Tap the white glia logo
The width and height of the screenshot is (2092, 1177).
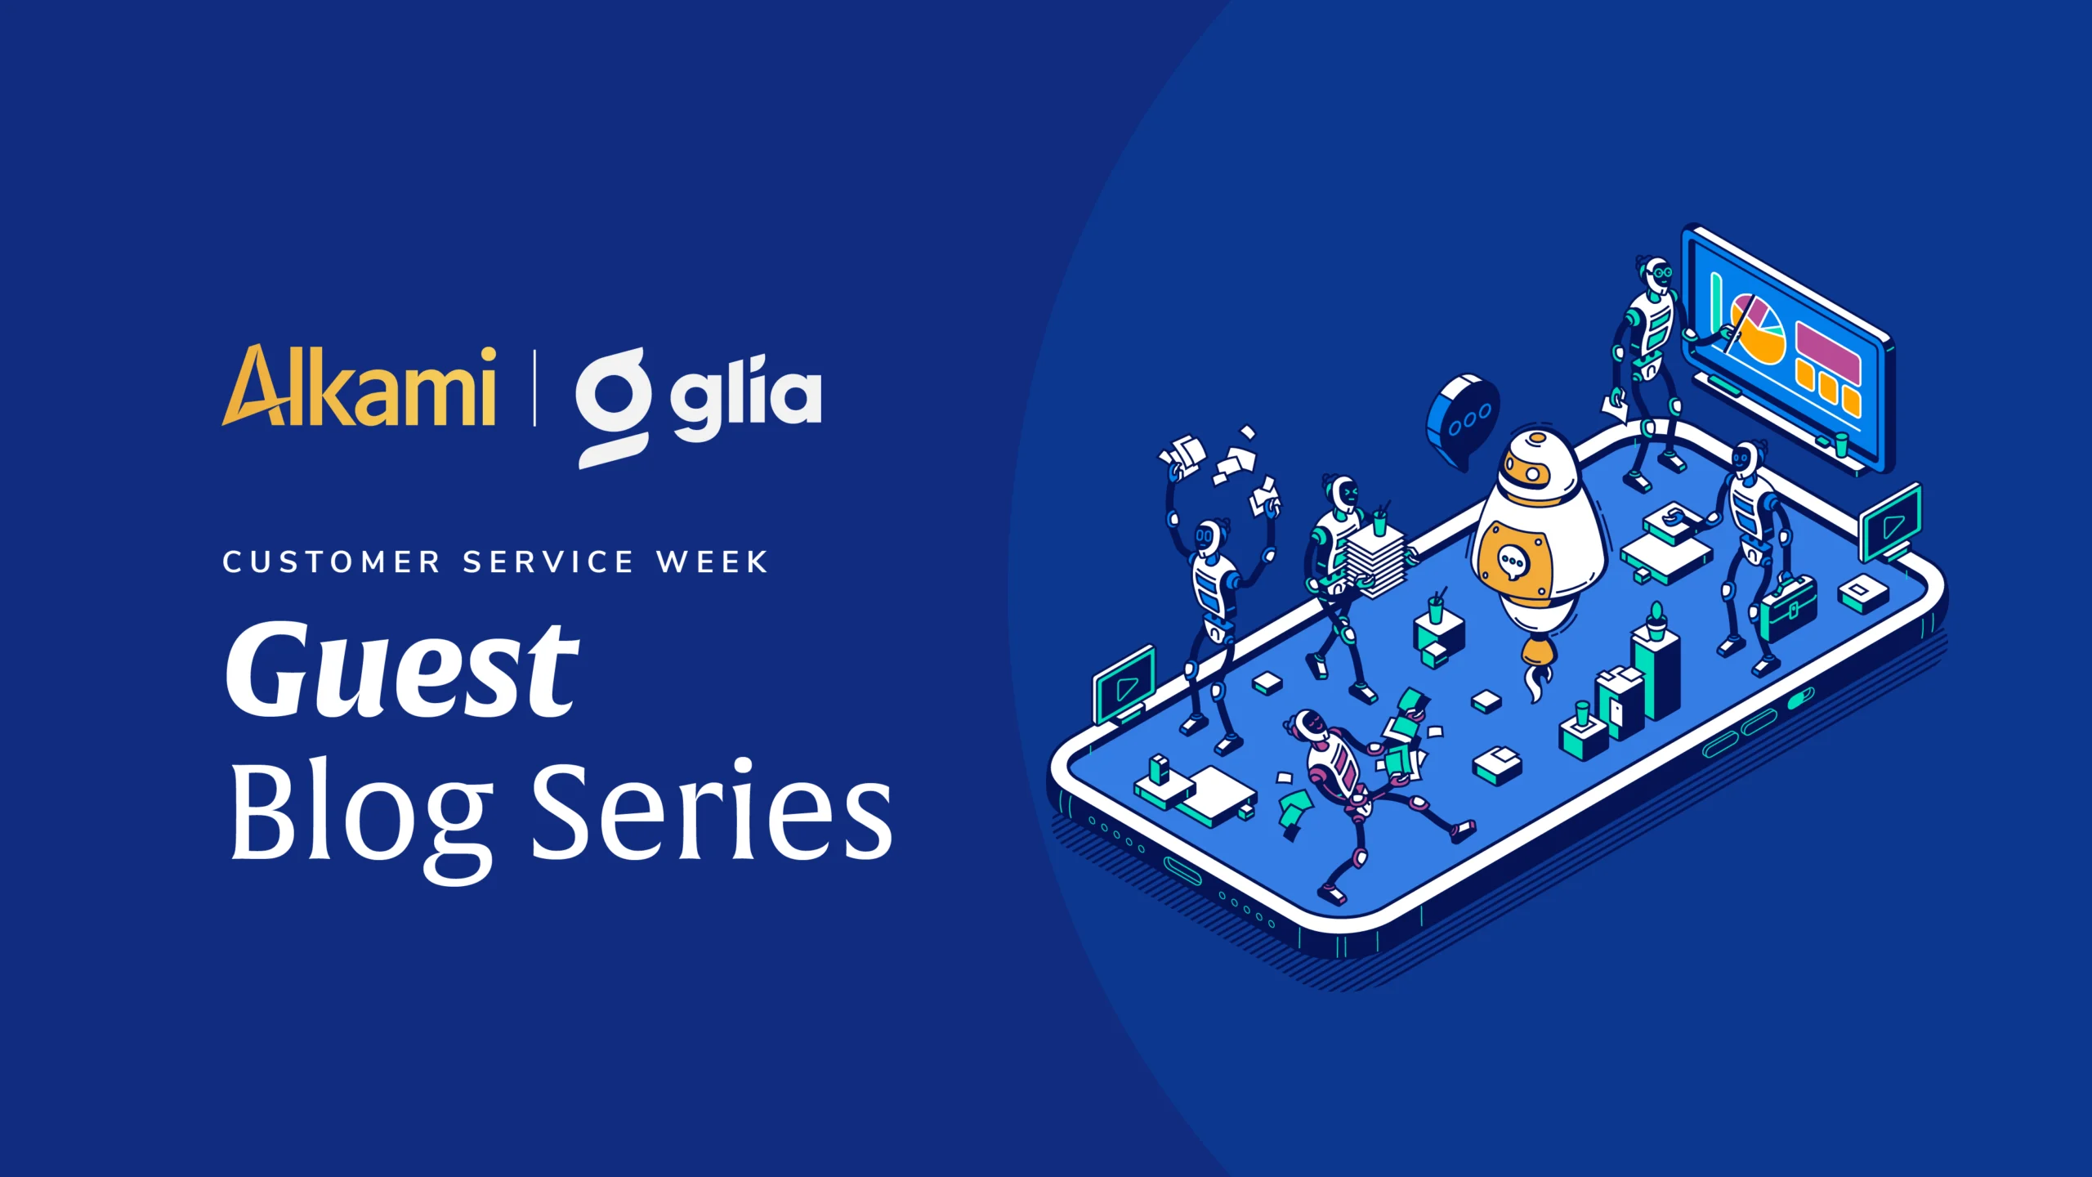pyautogui.click(x=699, y=407)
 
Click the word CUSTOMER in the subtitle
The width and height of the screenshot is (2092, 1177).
pyautogui.click(x=332, y=562)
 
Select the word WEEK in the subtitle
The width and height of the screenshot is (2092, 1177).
pyautogui.click(x=713, y=562)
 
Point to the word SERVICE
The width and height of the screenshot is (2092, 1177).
pyautogui.click(x=548, y=562)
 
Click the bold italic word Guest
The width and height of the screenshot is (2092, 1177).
pyautogui.click(x=402, y=670)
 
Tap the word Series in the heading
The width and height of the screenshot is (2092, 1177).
pyautogui.click(x=713, y=809)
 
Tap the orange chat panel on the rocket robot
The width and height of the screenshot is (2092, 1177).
pyautogui.click(x=1513, y=562)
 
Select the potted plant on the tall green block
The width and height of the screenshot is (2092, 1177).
pyautogui.click(x=1656, y=621)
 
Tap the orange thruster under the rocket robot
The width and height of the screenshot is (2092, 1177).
pyautogui.click(x=1537, y=654)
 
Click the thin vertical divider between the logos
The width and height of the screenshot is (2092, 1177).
pyautogui.click(x=534, y=387)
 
